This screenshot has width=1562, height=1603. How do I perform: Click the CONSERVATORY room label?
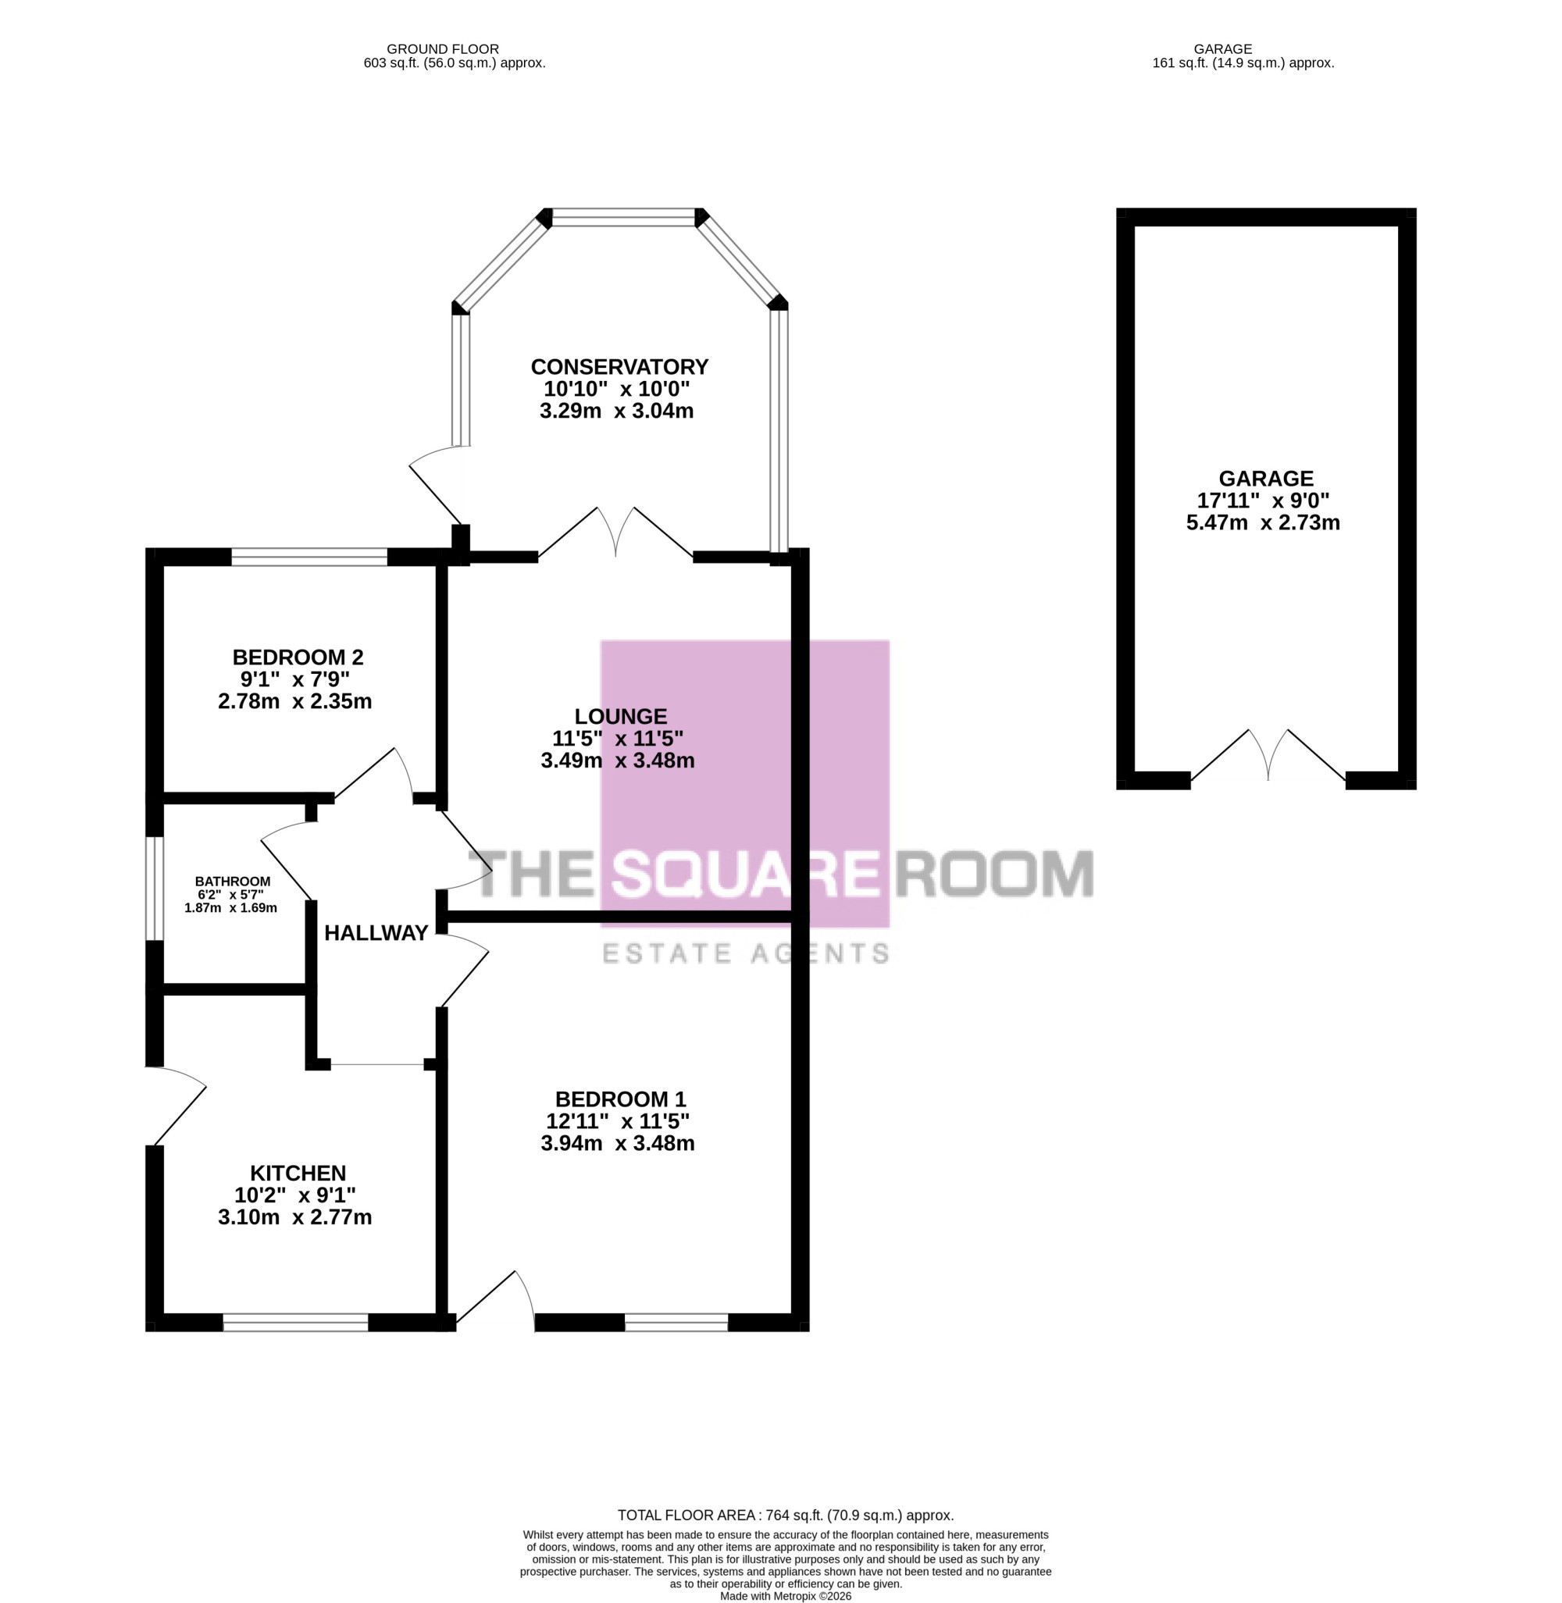pyautogui.click(x=619, y=367)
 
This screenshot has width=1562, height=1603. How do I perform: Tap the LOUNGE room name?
pyautogui.click(x=620, y=716)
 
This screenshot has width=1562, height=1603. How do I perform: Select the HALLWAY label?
pyautogui.click(x=376, y=933)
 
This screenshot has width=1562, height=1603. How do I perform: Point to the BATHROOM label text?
pyautogui.click(x=233, y=882)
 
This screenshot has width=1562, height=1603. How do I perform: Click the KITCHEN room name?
pyautogui.click(x=298, y=1173)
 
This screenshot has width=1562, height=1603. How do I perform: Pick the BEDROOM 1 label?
pyautogui.click(x=620, y=1099)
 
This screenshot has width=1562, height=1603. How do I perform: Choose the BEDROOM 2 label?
pyautogui.click(x=298, y=657)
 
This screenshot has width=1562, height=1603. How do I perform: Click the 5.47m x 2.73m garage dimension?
pyautogui.click(x=1264, y=522)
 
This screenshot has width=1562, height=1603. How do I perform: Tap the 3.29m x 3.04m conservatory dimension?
pyautogui.click(x=617, y=411)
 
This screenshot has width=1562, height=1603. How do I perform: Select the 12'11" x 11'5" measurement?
pyautogui.click(x=618, y=1121)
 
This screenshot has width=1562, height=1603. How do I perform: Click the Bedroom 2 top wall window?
pyautogui.click(x=309, y=557)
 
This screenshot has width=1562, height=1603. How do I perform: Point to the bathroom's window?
pyautogui.click(x=154, y=888)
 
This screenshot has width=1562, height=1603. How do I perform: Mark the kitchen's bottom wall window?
pyautogui.click(x=295, y=1323)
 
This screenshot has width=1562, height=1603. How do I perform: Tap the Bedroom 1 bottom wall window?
pyautogui.click(x=676, y=1323)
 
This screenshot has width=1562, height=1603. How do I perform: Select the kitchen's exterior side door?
pyautogui.click(x=176, y=1106)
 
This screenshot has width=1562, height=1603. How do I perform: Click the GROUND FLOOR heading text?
pyautogui.click(x=443, y=49)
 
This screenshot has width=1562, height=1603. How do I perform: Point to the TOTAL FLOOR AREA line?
pyautogui.click(x=785, y=1516)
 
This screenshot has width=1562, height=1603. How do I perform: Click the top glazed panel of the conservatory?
pyautogui.click(x=623, y=217)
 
